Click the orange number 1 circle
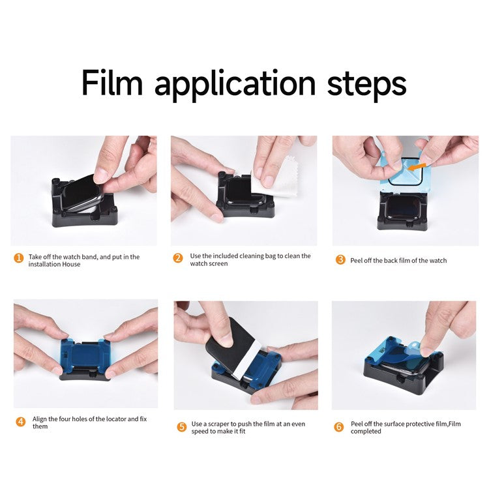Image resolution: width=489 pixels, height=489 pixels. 19,258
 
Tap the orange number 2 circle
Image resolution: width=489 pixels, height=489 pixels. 178,258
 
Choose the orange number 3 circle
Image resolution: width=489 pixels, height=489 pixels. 340,259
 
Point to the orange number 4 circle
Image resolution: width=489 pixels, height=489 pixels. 20,421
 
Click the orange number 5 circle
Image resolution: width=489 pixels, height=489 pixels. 181,427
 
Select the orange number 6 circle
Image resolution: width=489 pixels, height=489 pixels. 339,426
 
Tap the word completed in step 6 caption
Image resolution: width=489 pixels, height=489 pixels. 366,431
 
